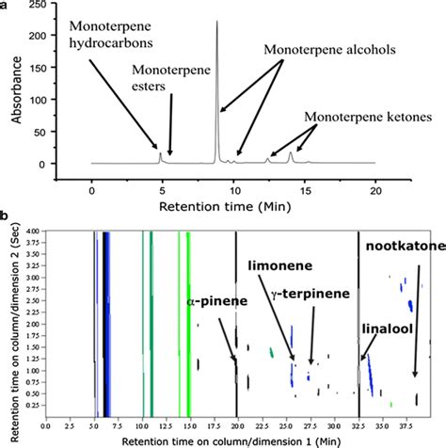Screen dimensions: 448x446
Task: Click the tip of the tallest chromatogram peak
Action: click(x=217, y=21)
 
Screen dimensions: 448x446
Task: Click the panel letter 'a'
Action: click(x=5, y=6)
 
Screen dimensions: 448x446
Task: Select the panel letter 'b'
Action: click(x=5, y=216)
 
